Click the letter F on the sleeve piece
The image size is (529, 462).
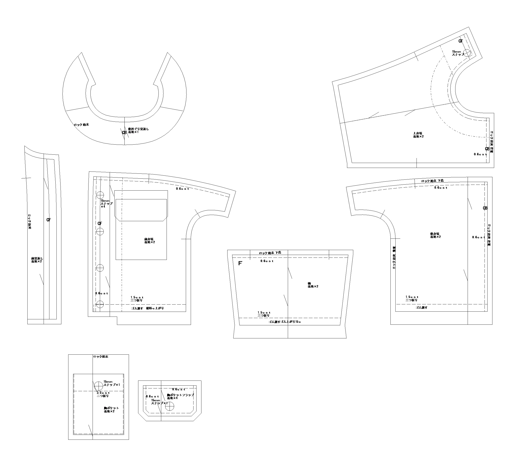240,263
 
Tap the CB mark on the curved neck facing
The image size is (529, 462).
124,133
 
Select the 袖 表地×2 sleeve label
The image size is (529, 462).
313,285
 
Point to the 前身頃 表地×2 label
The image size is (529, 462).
149,241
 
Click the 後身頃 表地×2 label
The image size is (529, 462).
435,235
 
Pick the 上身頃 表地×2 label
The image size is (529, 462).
418,135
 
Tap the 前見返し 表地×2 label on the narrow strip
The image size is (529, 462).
37,260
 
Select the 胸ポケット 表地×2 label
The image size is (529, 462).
111,410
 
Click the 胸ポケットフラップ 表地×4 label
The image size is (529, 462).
180,397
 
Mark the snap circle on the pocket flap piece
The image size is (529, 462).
170,406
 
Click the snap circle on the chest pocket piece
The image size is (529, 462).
98,386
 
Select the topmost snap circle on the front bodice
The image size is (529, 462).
100,195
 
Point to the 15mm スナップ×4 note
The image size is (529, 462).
106,203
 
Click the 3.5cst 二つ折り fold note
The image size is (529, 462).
103,394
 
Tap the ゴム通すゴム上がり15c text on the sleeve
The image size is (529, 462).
284,322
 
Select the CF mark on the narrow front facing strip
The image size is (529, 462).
49,220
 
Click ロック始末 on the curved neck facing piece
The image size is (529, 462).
81,124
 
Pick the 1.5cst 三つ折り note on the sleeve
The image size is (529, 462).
264,314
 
